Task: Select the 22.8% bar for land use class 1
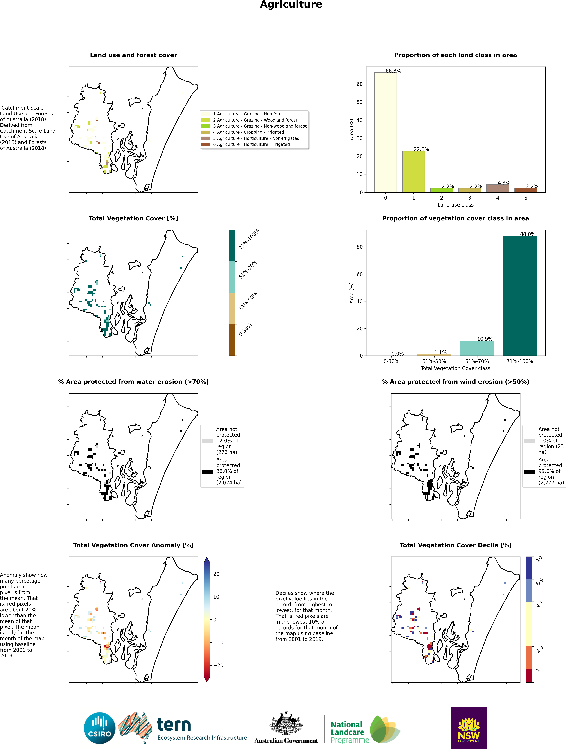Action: click(413, 172)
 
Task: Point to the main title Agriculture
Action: click(291, 5)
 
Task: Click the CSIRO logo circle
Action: click(100, 728)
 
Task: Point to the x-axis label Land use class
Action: click(455, 205)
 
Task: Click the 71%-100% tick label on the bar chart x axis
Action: click(520, 361)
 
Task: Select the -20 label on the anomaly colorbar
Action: click(218, 665)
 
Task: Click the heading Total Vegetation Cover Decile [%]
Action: click(455, 545)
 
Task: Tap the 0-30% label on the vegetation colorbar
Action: click(245, 330)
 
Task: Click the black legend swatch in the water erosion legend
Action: click(207, 471)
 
